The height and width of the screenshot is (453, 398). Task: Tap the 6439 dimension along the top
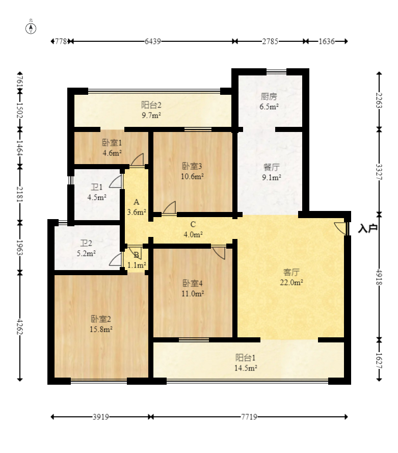(153, 41)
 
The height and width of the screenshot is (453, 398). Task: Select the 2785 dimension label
(270, 41)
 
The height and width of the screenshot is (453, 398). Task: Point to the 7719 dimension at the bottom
(249, 417)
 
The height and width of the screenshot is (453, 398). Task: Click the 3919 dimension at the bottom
(101, 417)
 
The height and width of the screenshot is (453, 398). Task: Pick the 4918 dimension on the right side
(379, 277)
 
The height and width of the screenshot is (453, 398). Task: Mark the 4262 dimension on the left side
(20, 327)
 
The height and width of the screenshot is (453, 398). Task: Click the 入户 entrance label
(367, 228)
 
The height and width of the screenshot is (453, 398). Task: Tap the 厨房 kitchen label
(269, 96)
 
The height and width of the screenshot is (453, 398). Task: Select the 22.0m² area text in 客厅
(291, 282)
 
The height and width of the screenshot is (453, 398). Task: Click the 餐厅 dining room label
(272, 167)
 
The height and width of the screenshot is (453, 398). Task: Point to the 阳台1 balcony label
(246, 358)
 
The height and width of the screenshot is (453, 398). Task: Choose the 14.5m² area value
(246, 368)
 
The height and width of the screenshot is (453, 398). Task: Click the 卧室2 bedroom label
(101, 319)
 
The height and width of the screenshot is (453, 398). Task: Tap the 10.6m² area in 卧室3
(192, 176)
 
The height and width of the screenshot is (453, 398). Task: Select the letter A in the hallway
(136, 202)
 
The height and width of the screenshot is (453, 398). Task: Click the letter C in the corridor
(193, 224)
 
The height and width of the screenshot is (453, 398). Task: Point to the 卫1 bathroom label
(97, 187)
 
